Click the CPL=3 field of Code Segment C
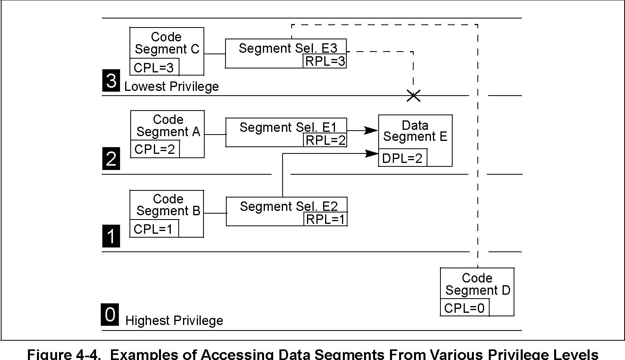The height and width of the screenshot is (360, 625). [154, 67]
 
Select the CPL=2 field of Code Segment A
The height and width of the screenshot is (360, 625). [155, 149]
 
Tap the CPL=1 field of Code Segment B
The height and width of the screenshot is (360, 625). [154, 229]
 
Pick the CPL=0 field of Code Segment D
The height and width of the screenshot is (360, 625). [464, 308]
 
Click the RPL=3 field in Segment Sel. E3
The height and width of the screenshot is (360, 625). [325, 61]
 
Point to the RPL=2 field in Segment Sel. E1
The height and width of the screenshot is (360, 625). [325, 140]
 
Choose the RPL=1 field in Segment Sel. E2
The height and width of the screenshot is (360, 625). [325, 219]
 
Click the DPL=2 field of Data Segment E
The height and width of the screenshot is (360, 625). [403, 158]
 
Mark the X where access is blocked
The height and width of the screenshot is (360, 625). [413, 96]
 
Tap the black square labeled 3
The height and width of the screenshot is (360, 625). [111, 80]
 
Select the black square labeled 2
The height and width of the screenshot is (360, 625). [111, 159]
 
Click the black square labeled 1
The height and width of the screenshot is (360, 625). [111, 236]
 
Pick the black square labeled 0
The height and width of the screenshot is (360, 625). [110, 314]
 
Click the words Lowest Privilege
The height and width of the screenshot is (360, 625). [171, 87]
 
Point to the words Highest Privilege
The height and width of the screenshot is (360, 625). [174, 321]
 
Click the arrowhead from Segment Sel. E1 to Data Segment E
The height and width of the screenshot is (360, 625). [371, 130]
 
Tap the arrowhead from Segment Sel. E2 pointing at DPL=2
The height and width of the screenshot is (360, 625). [372, 153]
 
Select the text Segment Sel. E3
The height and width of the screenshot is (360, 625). [288, 48]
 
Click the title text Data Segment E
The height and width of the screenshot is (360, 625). [415, 131]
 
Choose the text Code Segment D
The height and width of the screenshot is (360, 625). [478, 284]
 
